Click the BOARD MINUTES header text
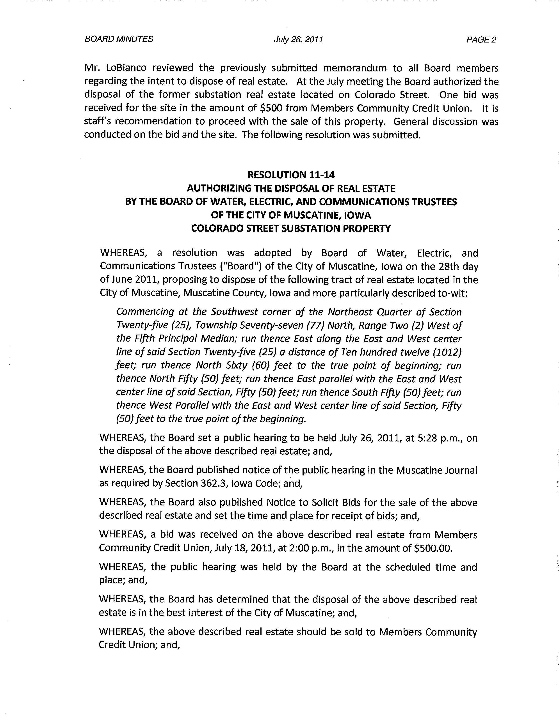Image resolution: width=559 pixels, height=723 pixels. (x=119, y=39)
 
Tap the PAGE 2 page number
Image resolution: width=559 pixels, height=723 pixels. (x=481, y=40)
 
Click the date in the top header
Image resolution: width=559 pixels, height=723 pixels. (x=298, y=40)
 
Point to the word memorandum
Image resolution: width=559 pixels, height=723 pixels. (x=355, y=68)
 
